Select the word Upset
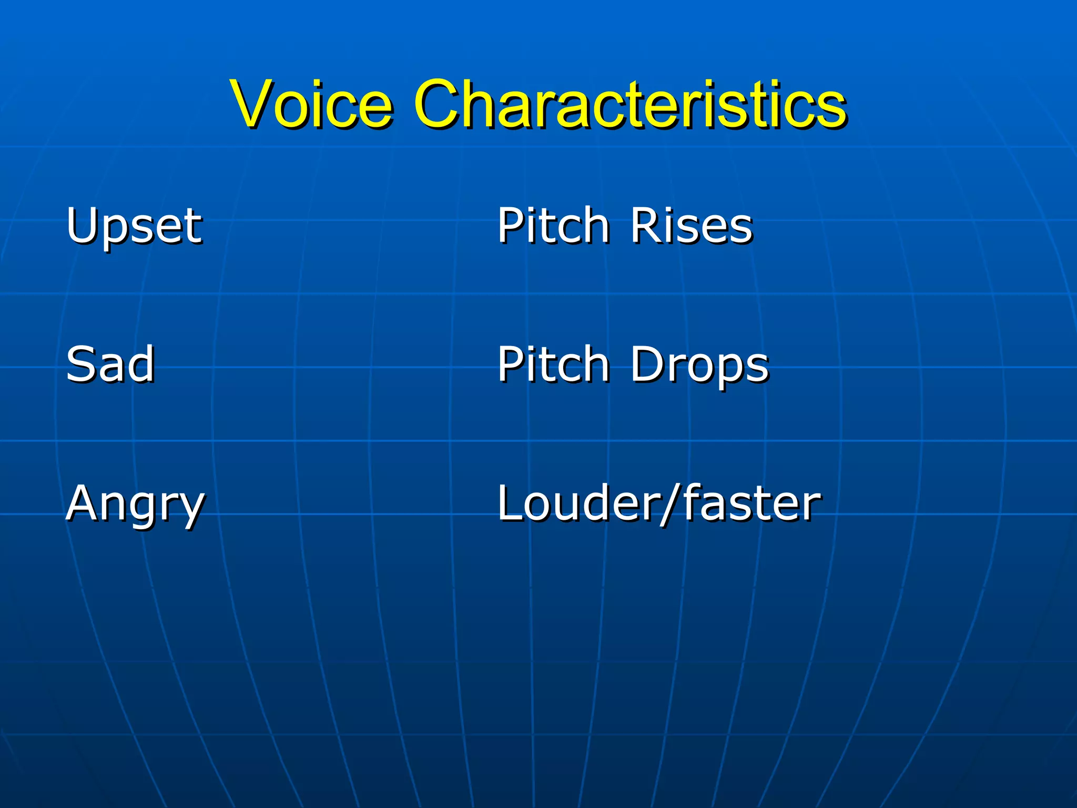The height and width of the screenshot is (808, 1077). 134,226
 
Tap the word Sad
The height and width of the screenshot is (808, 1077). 110,364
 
